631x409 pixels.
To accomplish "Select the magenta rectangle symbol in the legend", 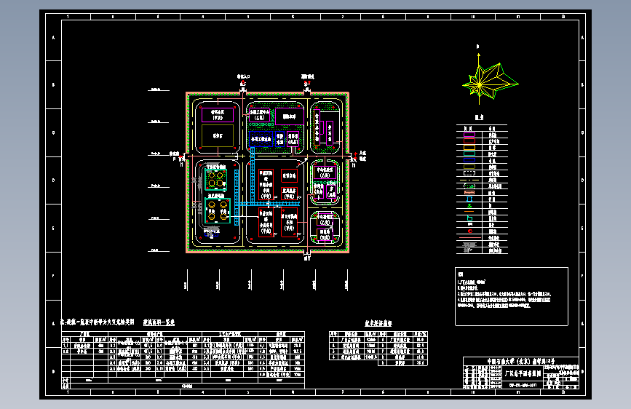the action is coord(469,134).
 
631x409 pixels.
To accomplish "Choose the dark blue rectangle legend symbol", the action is coord(469,154).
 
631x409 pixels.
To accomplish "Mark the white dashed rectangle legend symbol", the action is coord(469,175).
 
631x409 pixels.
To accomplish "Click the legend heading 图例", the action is coord(479,117).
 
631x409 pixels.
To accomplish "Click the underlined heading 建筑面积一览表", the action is coord(158,322).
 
